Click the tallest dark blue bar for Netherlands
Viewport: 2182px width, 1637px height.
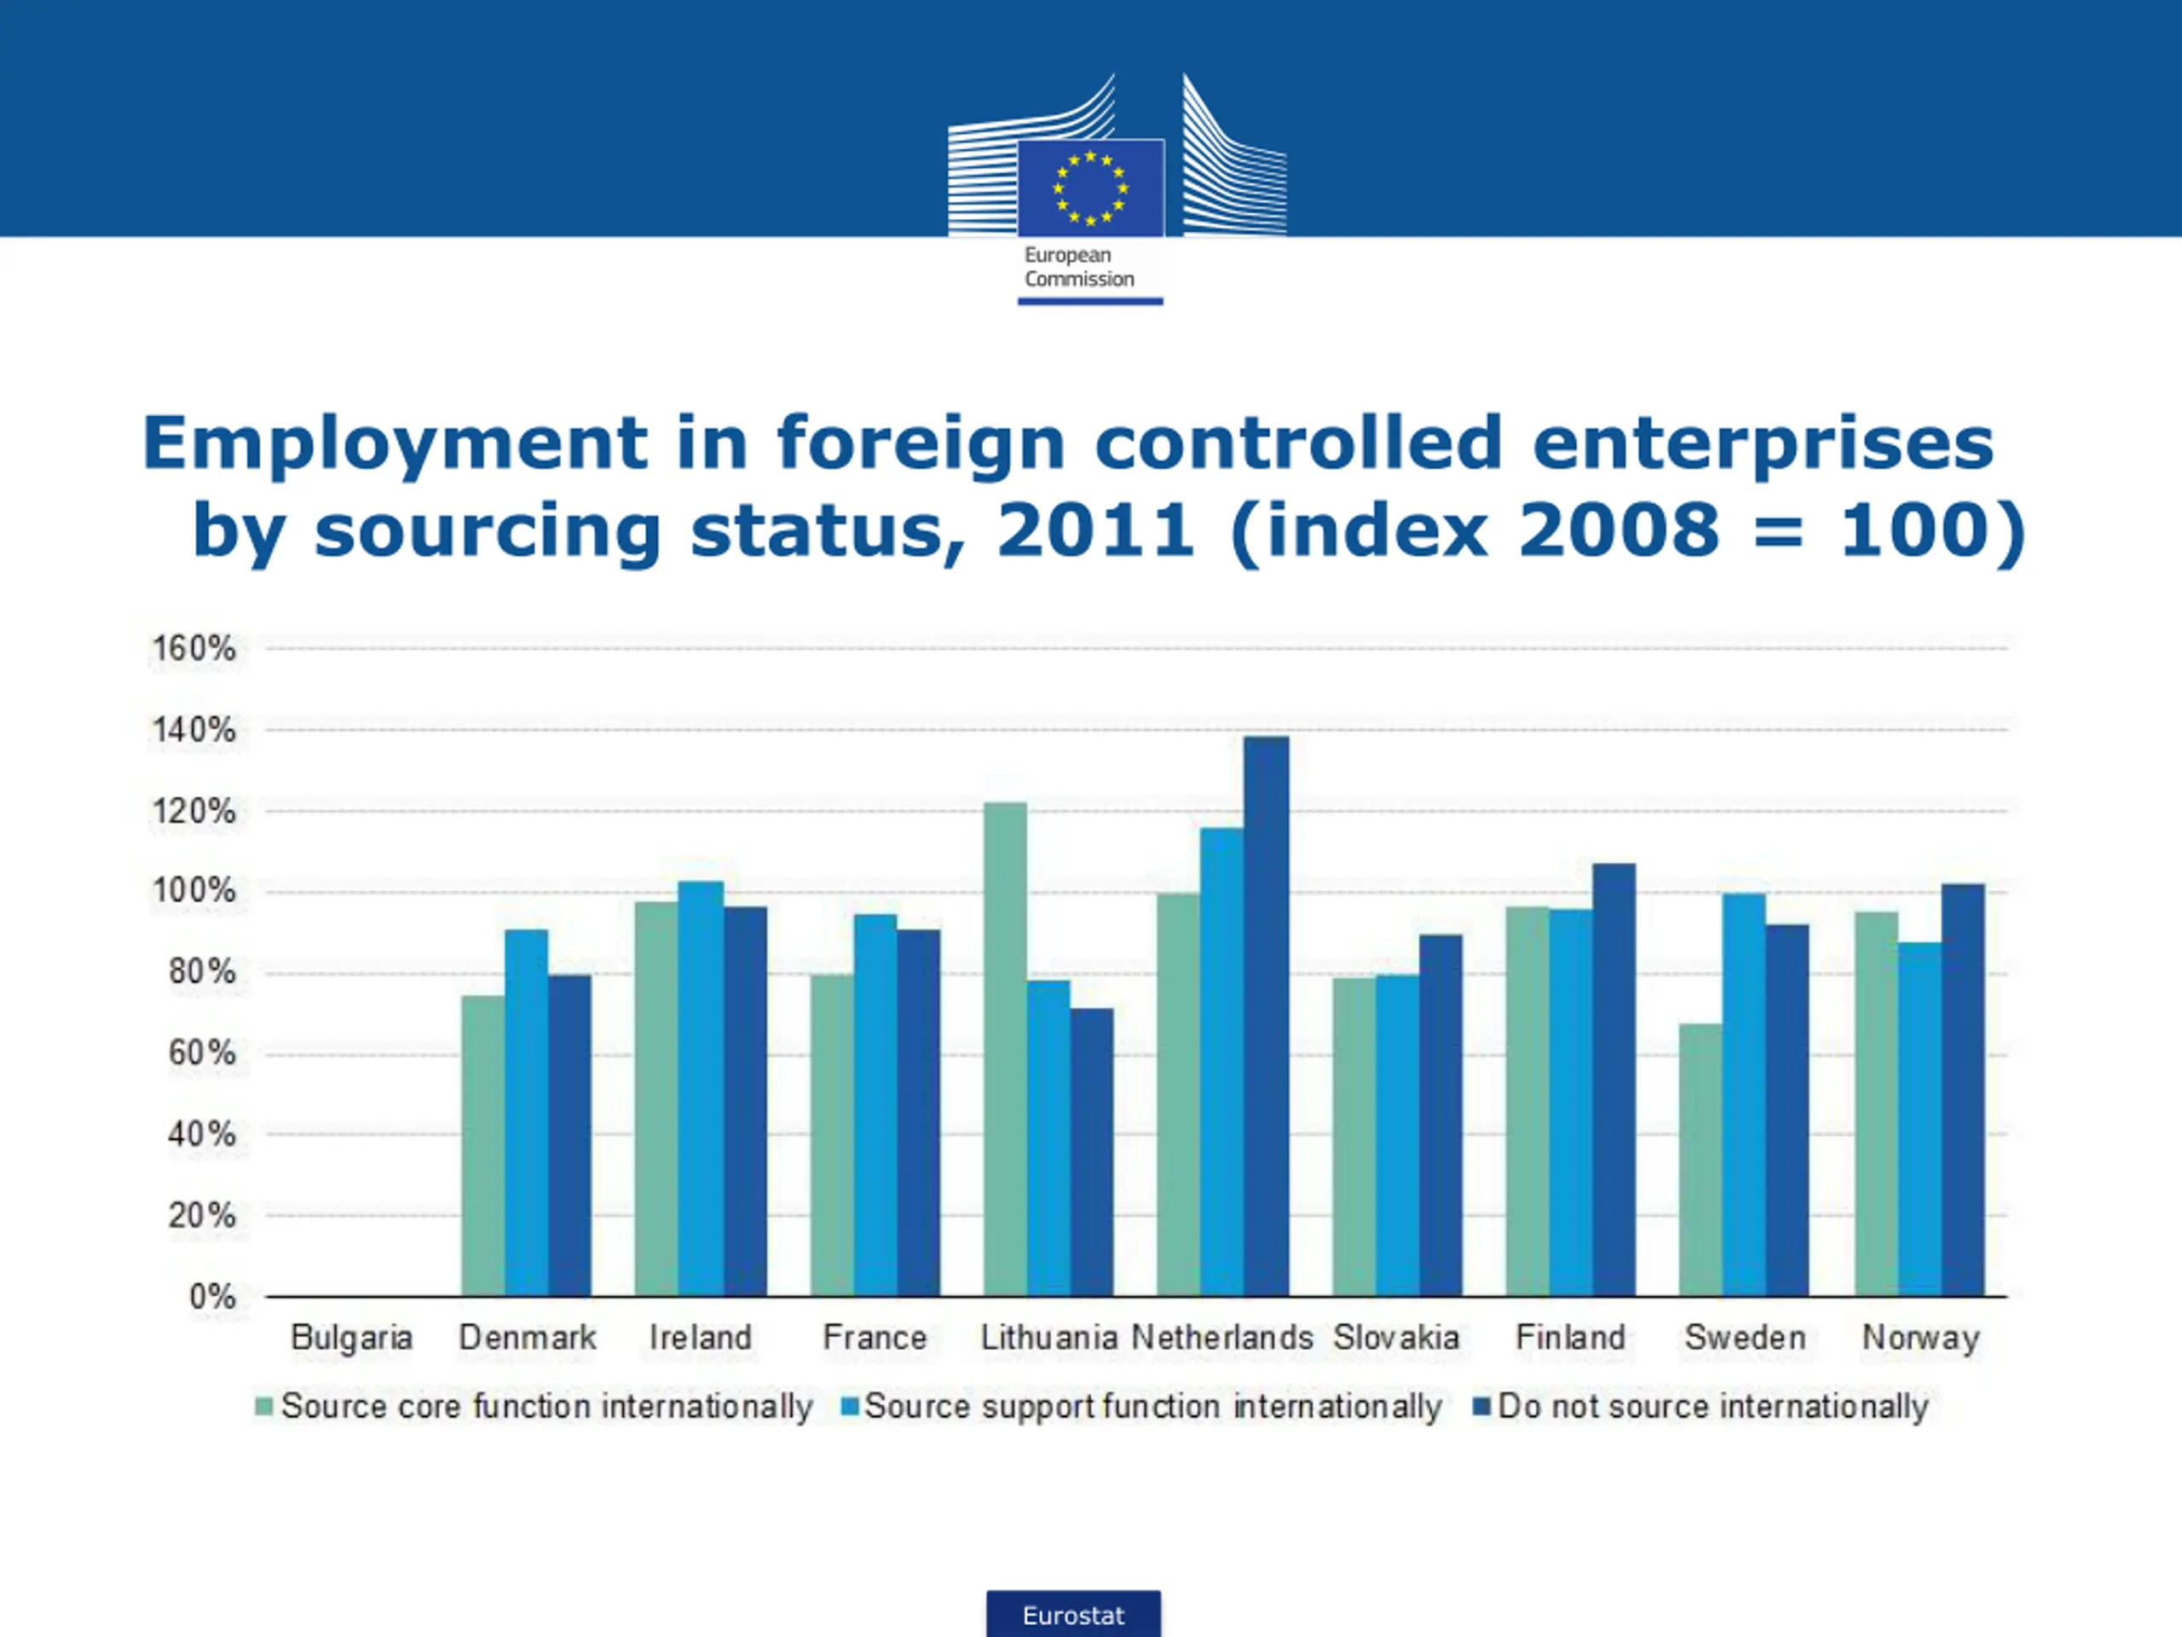click(x=1266, y=1016)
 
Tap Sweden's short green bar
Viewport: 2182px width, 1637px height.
click(x=1700, y=1160)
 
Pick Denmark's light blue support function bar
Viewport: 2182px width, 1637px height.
click(x=526, y=1112)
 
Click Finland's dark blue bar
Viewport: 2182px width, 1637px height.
click(x=1613, y=1079)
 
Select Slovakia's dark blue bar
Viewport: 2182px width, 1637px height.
click(x=1440, y=1115)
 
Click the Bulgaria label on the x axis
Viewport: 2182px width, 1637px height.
click(x=351, y=1338)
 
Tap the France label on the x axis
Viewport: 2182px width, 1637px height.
click(x=875, y=1338)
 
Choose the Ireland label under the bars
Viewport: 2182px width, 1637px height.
click(x=701, y=1338)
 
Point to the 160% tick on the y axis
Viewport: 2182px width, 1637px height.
click(x=193, y=650)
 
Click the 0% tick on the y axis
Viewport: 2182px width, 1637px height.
click(x=212, y=1296)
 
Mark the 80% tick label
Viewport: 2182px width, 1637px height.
click(x=202, y=972)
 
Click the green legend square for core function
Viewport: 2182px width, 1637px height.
click(x=263, y=1406)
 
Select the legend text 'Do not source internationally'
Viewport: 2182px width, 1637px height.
click(x=1712, y=1406)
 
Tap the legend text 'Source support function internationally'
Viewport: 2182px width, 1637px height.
click(x=1152, y=1406)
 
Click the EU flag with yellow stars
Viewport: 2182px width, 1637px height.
click(x=1090, y=188)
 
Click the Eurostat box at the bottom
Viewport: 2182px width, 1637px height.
click(x=1073, y=1614)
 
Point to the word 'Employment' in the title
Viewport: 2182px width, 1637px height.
click(x=395, y=444)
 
